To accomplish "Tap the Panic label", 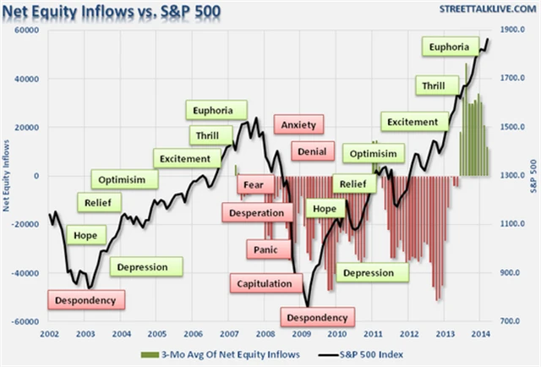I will (268, 249).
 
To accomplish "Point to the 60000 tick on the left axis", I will (30, 30).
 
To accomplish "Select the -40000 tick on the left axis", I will (29, 273).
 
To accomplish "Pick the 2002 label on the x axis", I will (49, 335).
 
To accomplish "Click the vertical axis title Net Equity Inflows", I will (8, 175).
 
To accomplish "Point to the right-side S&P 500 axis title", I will (533, 175).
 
